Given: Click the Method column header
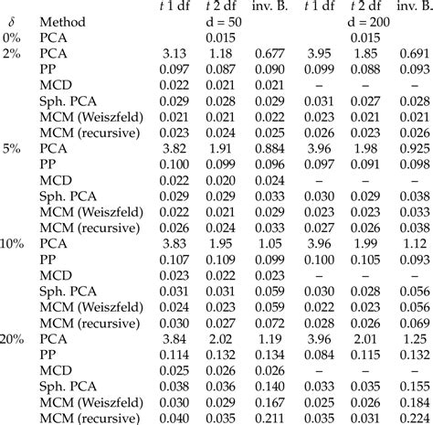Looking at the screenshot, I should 62,21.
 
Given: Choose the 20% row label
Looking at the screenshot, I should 14,338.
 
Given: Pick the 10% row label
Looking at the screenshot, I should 14,242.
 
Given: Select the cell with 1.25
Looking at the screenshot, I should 415,338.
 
